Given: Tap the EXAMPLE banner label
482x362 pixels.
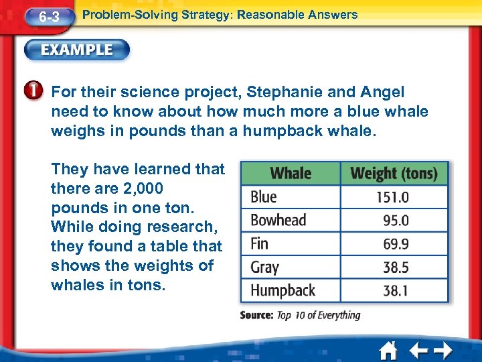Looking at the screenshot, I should tap(77, 50).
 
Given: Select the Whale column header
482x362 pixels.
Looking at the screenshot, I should tap(291, 174).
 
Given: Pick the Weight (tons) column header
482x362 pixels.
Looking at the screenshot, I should tap(394, 174).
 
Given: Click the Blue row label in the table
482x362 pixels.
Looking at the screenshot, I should tap(264, 197).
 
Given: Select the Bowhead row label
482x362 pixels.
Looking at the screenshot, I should tap(278, 221).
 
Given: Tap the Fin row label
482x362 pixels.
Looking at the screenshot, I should tap(259, 243).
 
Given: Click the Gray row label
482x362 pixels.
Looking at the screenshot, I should tap(264, 267).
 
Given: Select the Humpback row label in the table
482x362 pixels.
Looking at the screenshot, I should tap(283, 290).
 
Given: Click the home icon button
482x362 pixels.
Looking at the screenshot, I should tap(388, 351).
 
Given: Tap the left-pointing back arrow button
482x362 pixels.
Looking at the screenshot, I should tap(418, 351).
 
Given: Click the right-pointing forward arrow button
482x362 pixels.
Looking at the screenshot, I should tap(443, 351).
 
